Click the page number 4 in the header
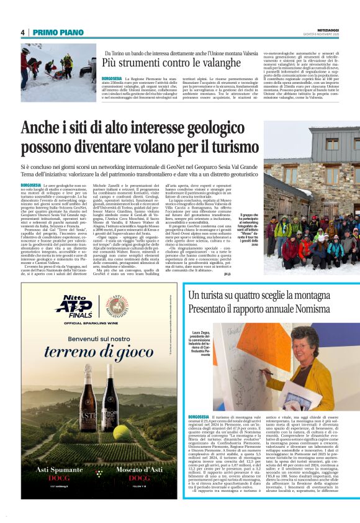tap(23, 32)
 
